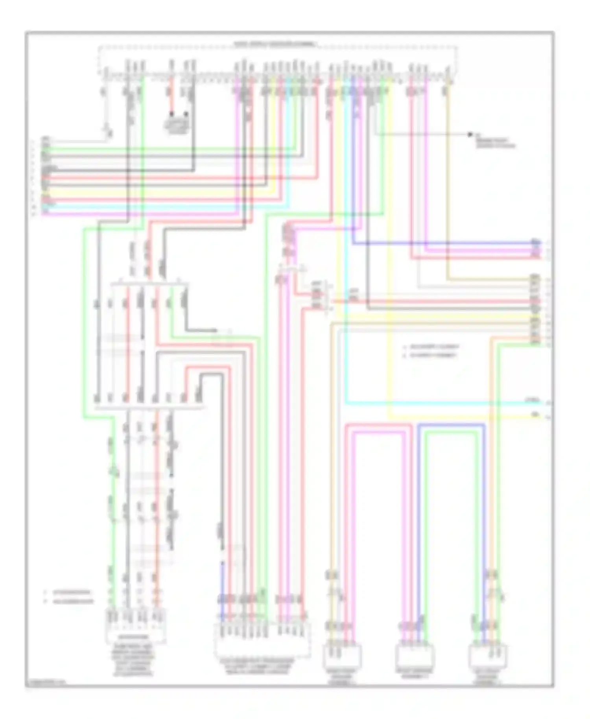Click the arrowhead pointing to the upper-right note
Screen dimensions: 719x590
click(470, 135)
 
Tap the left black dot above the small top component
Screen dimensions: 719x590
click(171, 114)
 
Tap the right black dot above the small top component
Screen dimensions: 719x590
click(186, 114)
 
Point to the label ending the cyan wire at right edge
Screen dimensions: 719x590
click(534, 401)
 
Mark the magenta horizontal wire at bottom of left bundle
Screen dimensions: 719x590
click(142, 214)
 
